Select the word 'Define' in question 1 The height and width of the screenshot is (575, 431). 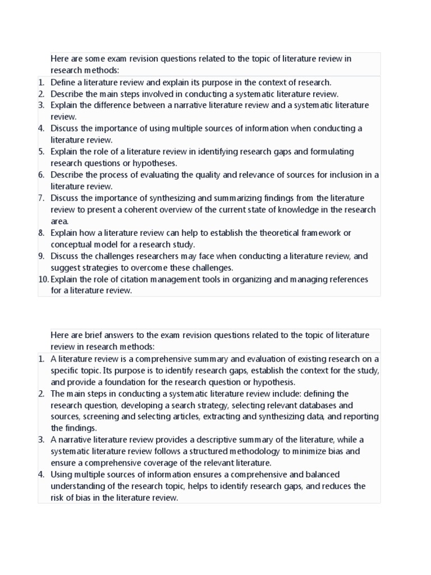point(62,83)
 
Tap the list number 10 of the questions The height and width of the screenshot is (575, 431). point(43,279)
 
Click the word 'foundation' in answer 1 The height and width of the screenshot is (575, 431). point(114,382)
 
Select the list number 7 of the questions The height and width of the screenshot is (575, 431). point(42,198)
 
